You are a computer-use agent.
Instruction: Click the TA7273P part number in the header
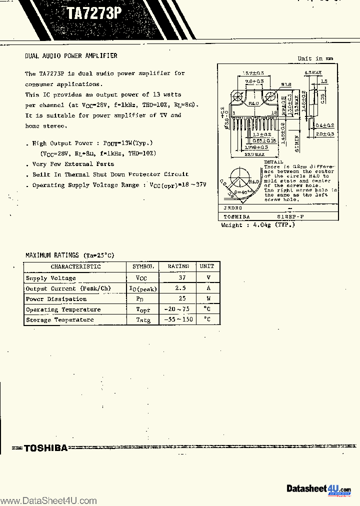[x=94, y=13]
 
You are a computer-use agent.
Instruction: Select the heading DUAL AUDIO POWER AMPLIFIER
[x=71, y=55]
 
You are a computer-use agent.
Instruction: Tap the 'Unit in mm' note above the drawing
[x=315, y=58]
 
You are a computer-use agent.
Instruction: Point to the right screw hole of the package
[x=272, y=96]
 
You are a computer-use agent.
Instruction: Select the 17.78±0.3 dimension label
[x=256, y=147]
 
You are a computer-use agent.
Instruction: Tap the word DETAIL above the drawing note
[x=273, y=162]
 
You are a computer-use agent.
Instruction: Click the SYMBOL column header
[x=142, y=266]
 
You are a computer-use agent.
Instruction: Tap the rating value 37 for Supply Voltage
[x=182, y=277]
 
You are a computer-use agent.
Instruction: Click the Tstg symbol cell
[x=143, y=320]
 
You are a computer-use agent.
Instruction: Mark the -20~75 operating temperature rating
[x=178, y=309]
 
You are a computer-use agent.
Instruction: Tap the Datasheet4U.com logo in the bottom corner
[x=318, y=488]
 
